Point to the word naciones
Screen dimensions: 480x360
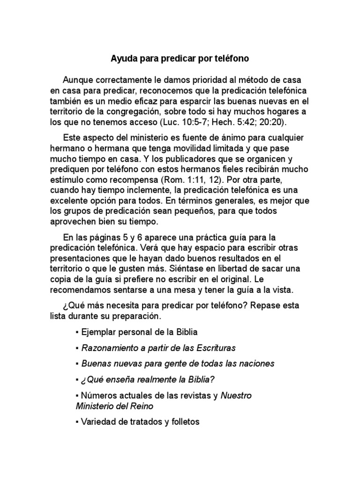pyautogui.click(x=256, y=363)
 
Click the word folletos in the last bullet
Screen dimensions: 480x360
pyautogui.click(x=183, y=422)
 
